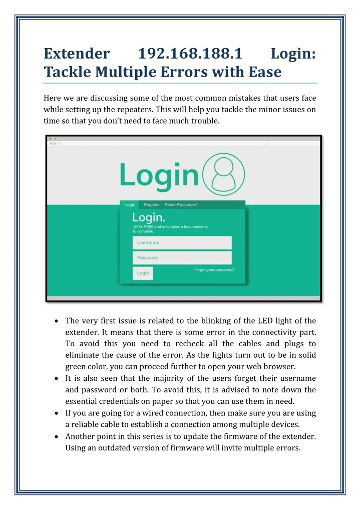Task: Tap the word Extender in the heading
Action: click(77, 53)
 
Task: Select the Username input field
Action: click(182, 242)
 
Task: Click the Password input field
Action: click(182, 258)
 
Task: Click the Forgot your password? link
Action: click(214, 270)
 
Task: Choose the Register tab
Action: click(152, 204)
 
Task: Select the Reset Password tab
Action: click(180, 204)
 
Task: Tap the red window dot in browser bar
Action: click(50, 138)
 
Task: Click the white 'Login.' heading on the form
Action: click(149, 217)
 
